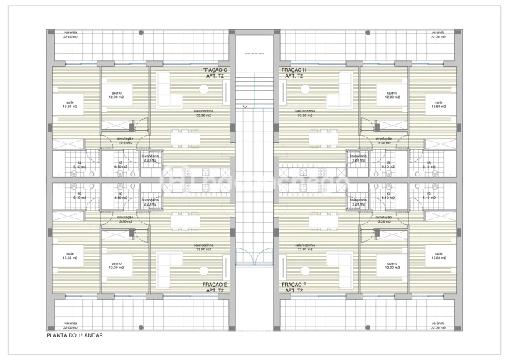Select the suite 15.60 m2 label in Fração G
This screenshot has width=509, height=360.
[70, 105]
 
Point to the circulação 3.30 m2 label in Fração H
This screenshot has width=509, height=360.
[384, 141]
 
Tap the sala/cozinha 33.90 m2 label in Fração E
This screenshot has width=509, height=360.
[205, 248]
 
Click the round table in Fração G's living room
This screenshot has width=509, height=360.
[203, 90]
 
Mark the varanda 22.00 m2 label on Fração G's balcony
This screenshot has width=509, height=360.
[70, 35]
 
